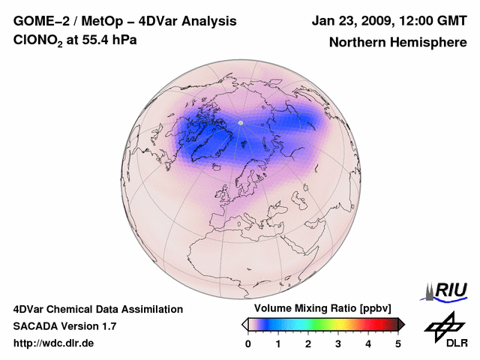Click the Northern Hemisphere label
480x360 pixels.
[x=397, y=42]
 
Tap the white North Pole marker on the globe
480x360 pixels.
[x=240, y=122]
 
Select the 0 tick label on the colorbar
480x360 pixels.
[x=248, y=343]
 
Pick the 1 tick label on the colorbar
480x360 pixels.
[x=278, y=343]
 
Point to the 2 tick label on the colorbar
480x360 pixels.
[x=308, y=343]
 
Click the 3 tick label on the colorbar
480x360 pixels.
[x=338, y=343]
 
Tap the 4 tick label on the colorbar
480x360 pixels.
[x=368, y=343]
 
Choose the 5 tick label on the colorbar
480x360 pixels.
[x=398, y=343]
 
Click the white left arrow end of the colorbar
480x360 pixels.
[x=244, y=324]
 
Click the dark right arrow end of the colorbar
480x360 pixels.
[x=402, y=324]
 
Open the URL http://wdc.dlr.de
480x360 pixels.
[x=54, y=343]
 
